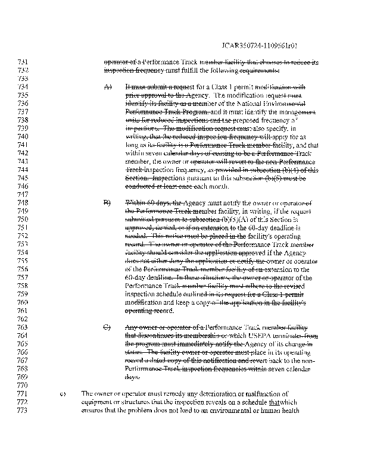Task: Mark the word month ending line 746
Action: (x=217, y=186)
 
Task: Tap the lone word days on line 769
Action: (x=132, y=377)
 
